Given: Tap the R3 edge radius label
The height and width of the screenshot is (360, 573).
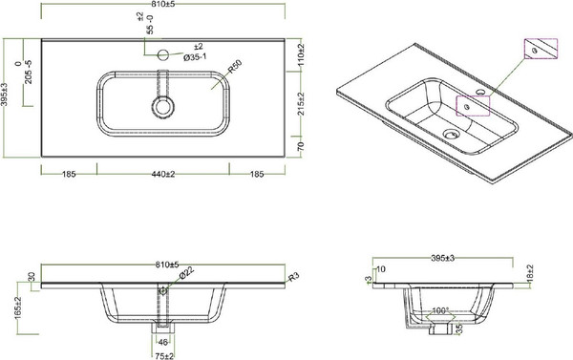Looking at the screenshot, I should tap(295, 276).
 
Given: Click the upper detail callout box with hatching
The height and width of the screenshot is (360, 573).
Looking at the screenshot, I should tap(538, 51).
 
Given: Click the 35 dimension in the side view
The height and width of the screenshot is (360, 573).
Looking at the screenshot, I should tap(458, 329).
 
